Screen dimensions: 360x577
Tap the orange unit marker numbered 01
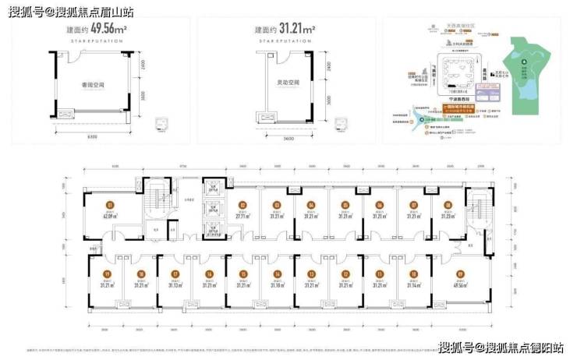pyautogui.click(x=111, y=206)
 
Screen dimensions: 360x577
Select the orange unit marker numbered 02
pyautogui.click(x=242, y=206)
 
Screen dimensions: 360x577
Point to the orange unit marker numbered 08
pyautogui.click(x=448, y=206)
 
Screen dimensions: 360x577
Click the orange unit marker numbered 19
pyautogui.click(x=106, y=274)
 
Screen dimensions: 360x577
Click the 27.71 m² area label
pyautogui.click(x=242, y=217)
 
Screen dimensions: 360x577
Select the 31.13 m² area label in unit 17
pyautogui.click(x=175, y=285)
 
